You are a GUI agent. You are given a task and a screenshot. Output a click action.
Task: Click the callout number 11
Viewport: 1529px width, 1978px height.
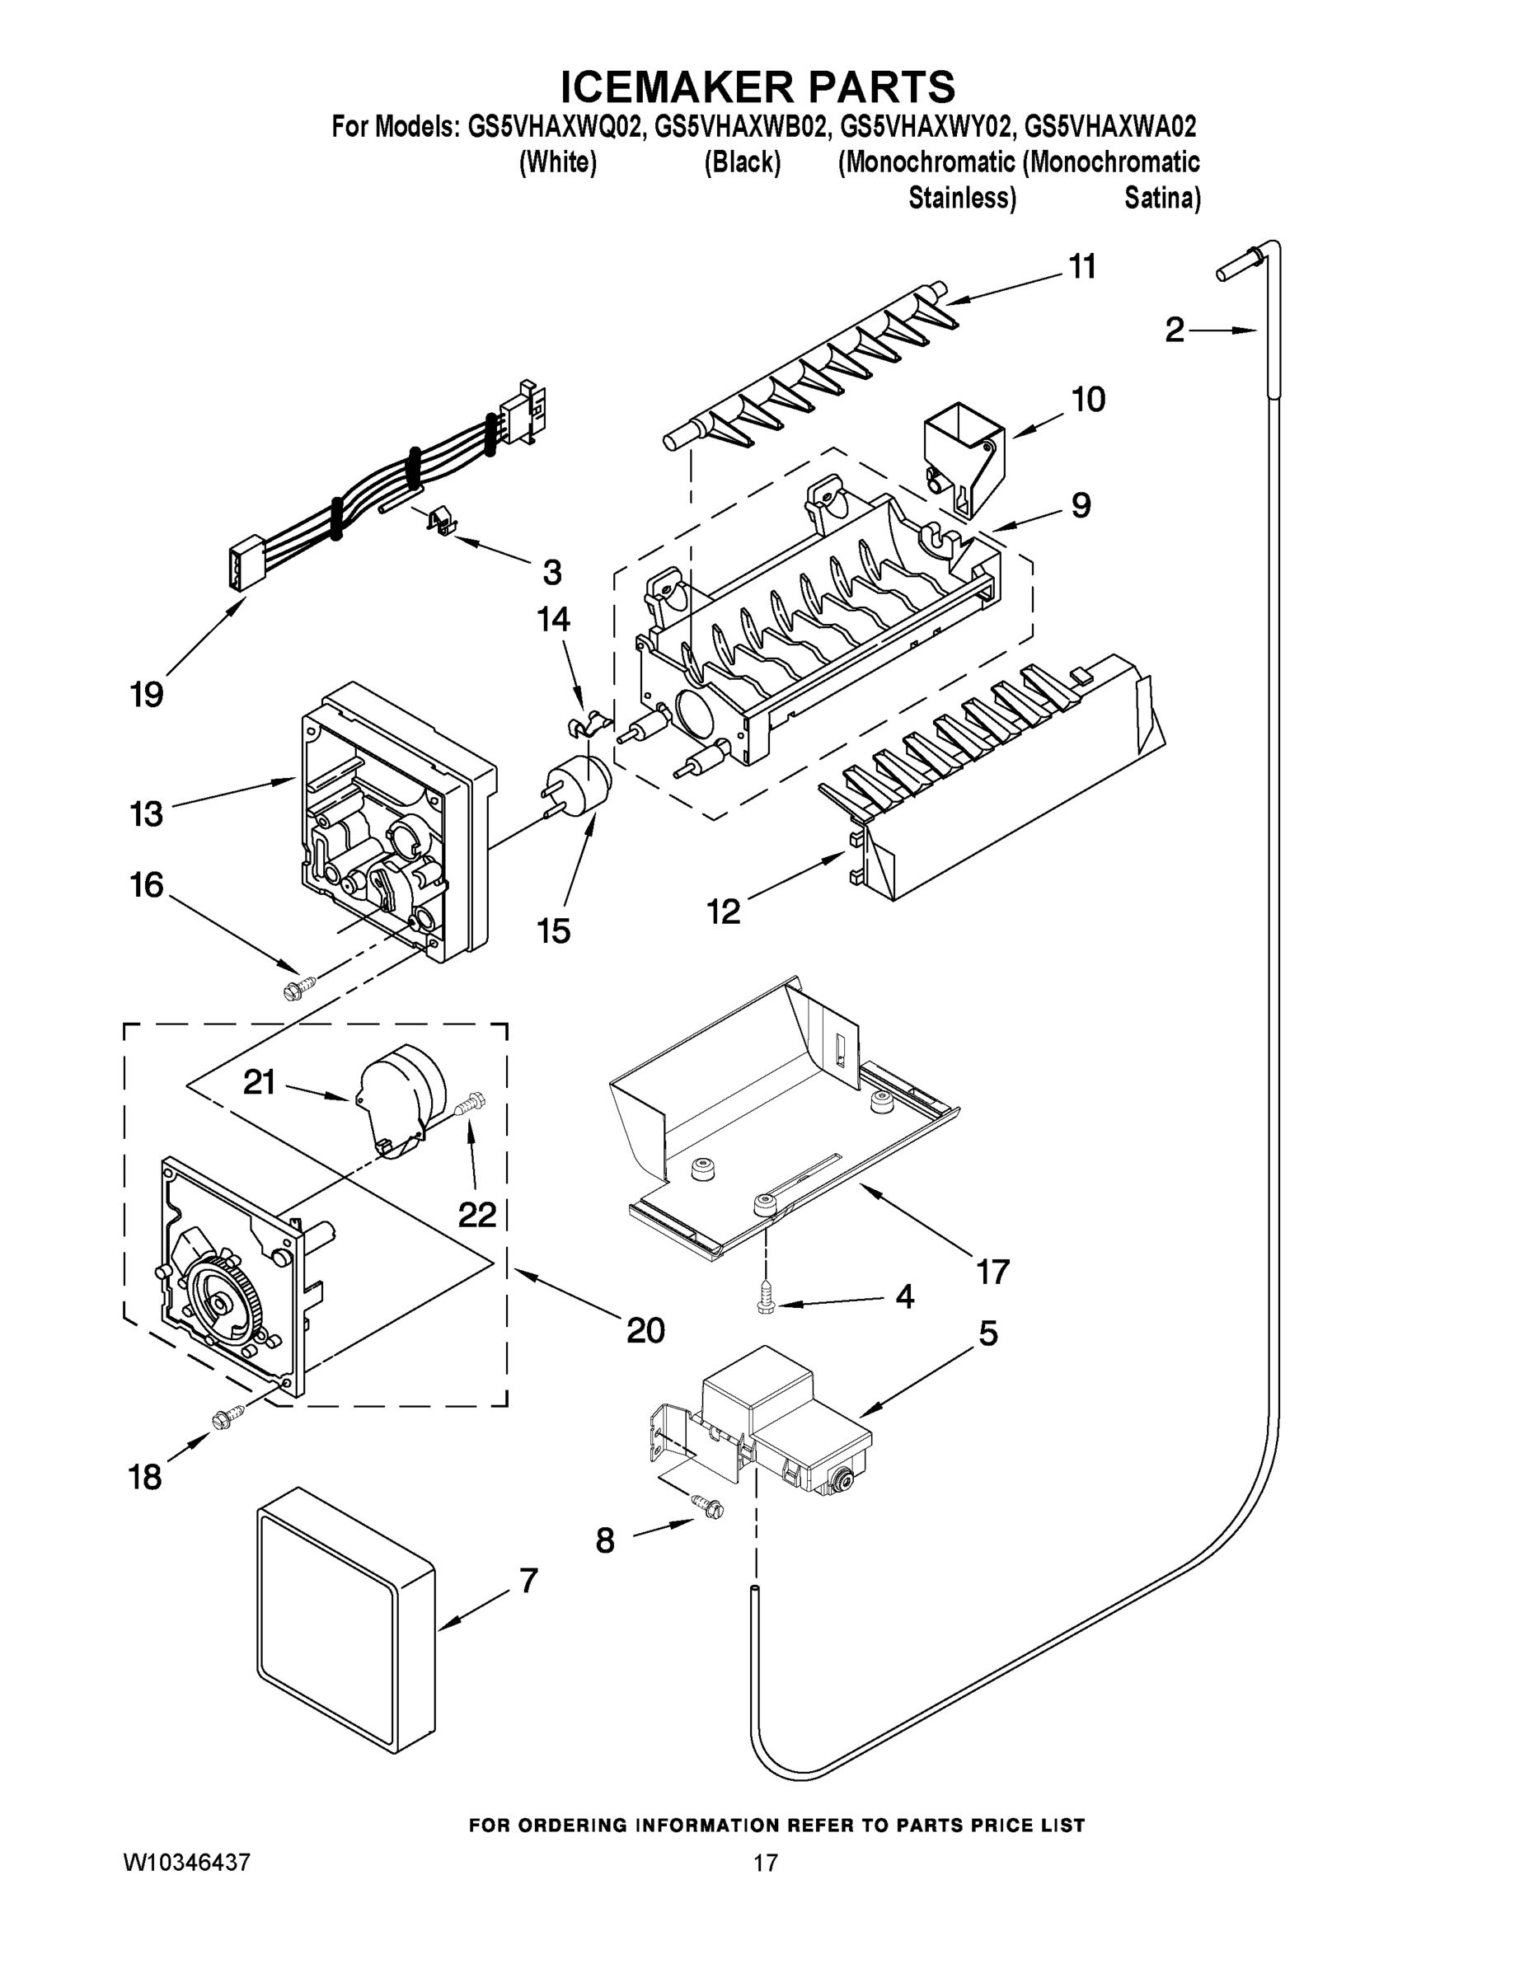tap(1082, 266)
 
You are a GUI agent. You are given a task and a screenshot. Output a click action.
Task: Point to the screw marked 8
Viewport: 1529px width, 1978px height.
tap(709, 1504)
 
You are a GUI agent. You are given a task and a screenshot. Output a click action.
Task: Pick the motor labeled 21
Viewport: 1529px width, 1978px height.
tap(403, 1096)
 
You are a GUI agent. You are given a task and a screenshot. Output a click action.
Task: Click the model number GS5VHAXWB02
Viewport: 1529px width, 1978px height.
tap(740, 126)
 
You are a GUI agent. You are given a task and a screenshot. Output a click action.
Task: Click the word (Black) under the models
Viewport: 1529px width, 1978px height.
tap(742, 162)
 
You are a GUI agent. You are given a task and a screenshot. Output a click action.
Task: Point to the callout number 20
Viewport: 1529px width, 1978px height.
tap(645, 1329)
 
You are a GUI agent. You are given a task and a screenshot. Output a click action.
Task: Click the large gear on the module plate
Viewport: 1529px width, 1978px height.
tap(222, 1302)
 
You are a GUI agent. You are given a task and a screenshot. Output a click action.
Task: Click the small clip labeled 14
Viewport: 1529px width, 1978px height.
tap(586, 721)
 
